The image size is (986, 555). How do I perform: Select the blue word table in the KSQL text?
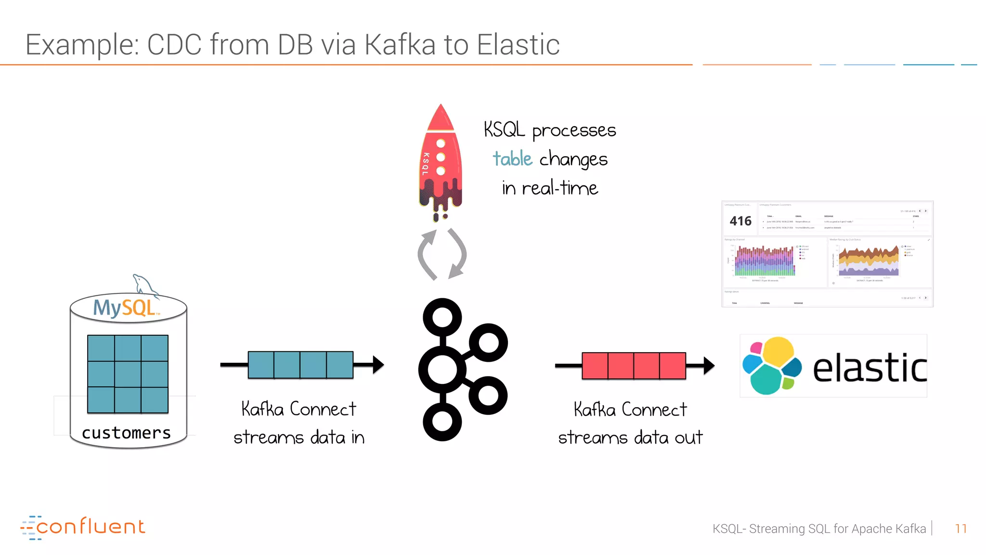pyautogui.click(x=512, y=159)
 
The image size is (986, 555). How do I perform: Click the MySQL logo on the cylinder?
pyautogui.click(x=125, y=308)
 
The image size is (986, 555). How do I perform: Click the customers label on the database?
pyautogui.click(x=126, y=433)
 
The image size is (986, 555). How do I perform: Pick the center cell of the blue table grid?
pyautogui.click(x=128, y=374)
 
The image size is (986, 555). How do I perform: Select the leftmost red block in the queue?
pyautogui.click(x=595, y=366)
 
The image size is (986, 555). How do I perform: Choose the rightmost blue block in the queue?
pyautogui.click(x=339, y=365)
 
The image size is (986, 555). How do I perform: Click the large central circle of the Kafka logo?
pyautogui.click(x=442, y=370)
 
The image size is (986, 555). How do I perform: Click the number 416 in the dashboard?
pyautogui.click(x=740, y=221)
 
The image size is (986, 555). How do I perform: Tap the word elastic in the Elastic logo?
pyautogui.click(x=869, y=369)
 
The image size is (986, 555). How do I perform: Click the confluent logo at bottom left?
pyautogui.click(x=83, y=527)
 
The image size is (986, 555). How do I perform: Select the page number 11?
pyautogui.click(x=960, y=529)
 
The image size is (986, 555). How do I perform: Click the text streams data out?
pyautogui.click(x=630, y=437)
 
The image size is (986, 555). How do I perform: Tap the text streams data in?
pyautogui.click(x=299, y=437)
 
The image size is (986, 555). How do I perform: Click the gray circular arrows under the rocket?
pyautogui.click(x=441, y=254)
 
